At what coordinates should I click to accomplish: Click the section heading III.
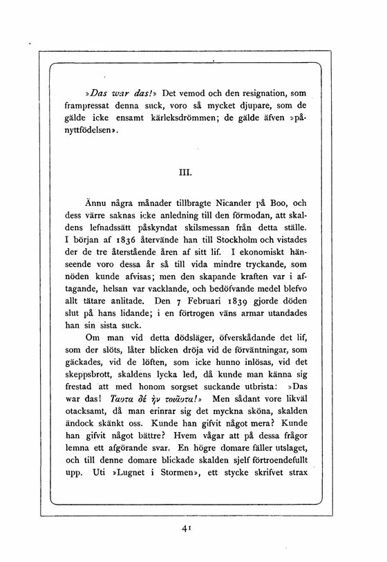[x=193, y=166]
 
